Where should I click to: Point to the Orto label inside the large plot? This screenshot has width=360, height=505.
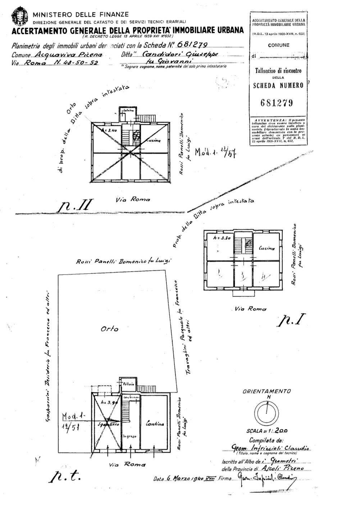[110, 328]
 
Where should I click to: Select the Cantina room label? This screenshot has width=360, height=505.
[155, 424]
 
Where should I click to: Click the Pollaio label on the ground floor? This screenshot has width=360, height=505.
[129, 384]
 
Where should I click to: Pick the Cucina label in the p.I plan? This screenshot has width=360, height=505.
[266, 249]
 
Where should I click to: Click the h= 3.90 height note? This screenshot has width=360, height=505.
[110, 402]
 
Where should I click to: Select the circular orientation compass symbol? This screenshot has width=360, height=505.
[267, 411]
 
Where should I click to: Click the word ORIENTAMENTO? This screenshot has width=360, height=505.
[266, 391]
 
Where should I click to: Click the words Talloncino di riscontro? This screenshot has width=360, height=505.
[276, 71]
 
